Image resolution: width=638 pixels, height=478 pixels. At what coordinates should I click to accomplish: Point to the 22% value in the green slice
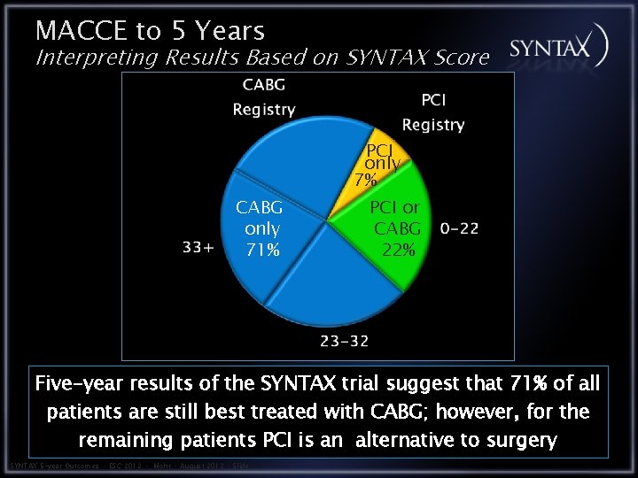click(x=398, y=250)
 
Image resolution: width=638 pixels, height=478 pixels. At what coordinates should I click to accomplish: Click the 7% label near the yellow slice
click(x=365, y=180)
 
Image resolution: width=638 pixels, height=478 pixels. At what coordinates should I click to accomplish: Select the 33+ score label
click(x=198, y=248)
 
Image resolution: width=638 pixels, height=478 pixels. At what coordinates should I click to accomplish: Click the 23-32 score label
click(x=346, y=339)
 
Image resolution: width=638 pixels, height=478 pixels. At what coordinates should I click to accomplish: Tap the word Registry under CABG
click(x=263, y=110)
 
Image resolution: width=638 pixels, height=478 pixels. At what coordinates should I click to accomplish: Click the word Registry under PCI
click(x=432, y=125)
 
